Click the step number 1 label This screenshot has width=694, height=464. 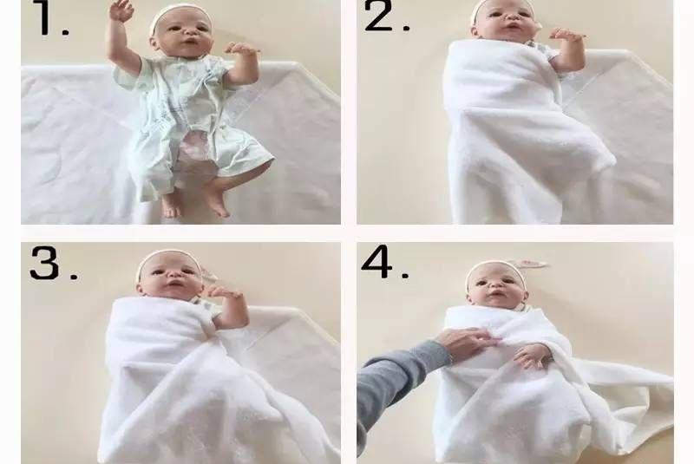click(52, 17)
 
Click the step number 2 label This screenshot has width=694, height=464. click(386, 16)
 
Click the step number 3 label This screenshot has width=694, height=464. click(53, 262)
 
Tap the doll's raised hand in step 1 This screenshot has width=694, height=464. click(121, 10)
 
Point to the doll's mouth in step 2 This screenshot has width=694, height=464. click(513, 27)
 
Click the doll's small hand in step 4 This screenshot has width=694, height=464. click(533, 356)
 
